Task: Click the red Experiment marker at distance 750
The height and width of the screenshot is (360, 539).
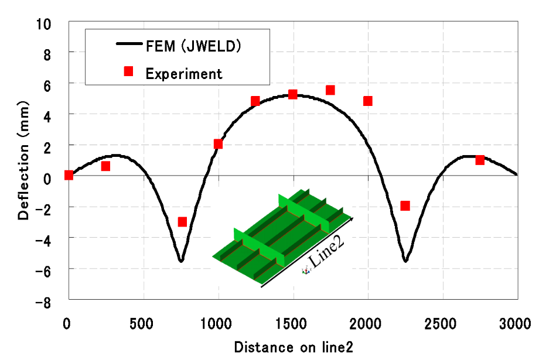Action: point(182,222)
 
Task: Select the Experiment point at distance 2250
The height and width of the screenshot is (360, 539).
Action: point(405,206)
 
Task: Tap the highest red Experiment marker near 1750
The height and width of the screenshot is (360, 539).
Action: point(330,90)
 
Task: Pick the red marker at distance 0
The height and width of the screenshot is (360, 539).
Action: point(69,175)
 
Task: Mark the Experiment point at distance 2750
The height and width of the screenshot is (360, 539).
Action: point(480,160)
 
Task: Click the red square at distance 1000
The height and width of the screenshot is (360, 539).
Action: point(218,144)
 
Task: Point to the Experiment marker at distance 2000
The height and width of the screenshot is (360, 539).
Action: point(368,101)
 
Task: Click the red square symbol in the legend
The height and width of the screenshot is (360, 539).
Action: point(128,71)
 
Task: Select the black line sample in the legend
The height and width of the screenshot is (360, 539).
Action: point(129,44)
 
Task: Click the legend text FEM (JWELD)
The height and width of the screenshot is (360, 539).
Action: point(193,46)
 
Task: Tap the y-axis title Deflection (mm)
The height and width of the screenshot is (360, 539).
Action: point(23,160)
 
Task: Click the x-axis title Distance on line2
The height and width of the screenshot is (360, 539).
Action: point(294,347)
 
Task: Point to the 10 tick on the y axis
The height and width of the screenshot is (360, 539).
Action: point(43,25)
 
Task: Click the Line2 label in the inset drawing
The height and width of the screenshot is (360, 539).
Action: point(326,252)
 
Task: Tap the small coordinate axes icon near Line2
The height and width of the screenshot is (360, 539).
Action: point(306,270)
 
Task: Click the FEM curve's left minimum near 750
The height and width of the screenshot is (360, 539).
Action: point(181,260)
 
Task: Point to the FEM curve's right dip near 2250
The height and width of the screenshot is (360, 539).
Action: point(405,260)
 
